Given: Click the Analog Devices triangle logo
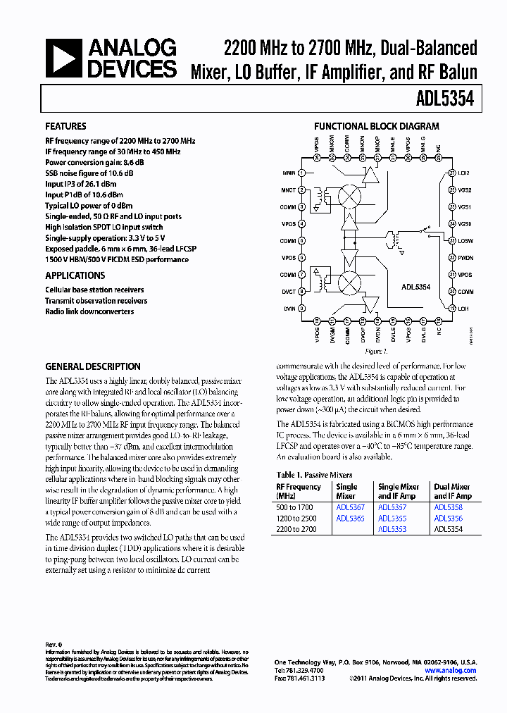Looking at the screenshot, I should [x=64, y=58].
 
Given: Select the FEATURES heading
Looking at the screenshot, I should [x=65, y=126].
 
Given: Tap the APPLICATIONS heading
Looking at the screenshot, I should [x=75, y=275].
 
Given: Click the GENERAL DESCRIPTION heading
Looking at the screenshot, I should [x=93, y=366].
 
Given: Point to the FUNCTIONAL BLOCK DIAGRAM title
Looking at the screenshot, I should [x=376, y=126].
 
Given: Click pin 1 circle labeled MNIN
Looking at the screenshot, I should [x=302, y=173].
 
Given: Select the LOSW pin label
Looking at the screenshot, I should [x=465, y=241].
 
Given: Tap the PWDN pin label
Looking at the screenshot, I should [x=465, y=258].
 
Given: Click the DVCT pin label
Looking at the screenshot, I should [x=289, y=292].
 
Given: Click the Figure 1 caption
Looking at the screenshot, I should [x=376, y=351].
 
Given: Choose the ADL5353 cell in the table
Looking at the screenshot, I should [x=392, y=529].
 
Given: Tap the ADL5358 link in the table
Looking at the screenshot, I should [x=448, y=507].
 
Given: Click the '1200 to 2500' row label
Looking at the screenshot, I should [x=296, y=519].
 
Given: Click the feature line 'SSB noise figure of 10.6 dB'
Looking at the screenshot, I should [x=89, y=173].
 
